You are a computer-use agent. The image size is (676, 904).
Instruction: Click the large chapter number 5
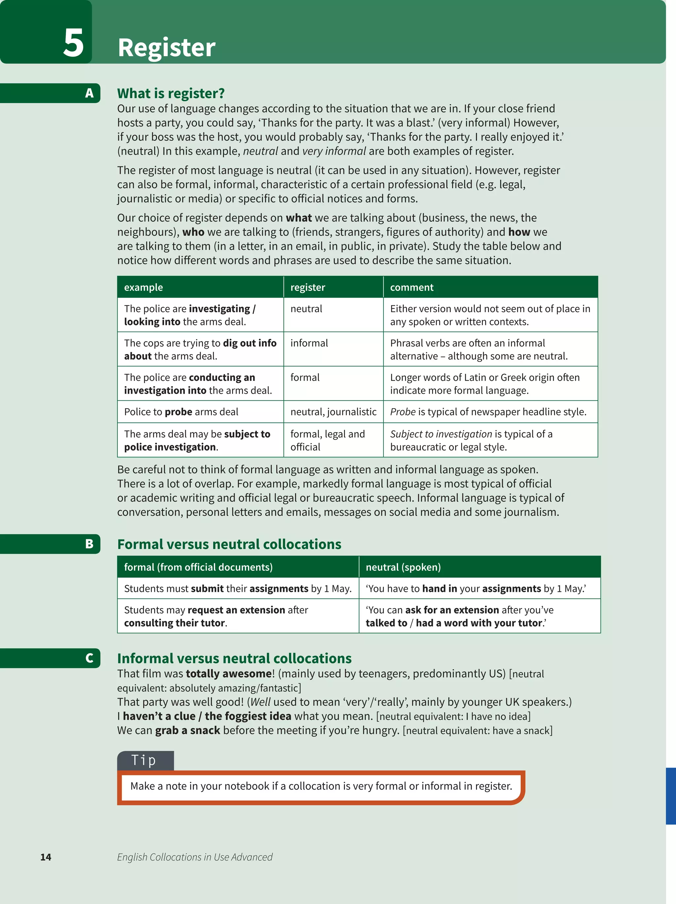tap(74, 43)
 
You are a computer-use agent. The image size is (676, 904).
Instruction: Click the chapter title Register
tap(166, 48)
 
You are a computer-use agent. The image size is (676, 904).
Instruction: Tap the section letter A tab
tap(89, 93)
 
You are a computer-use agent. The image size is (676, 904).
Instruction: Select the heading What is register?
tap(171, 93)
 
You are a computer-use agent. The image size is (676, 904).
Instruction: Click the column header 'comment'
tap(411, 287)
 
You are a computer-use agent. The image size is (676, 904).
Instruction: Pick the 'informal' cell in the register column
tap(309, 343)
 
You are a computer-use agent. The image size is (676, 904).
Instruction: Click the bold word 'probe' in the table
tap(179, 412)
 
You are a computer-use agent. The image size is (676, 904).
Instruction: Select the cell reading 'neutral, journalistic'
tap(333, 412)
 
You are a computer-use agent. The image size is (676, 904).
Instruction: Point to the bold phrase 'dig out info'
tap(250, 343)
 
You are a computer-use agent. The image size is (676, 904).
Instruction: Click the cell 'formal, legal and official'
tap(327, 440)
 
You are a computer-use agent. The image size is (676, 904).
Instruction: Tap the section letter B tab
tap(89, 544)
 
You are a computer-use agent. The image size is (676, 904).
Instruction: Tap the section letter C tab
tap(89, 658)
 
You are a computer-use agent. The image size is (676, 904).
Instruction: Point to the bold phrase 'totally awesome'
tap(229, 673)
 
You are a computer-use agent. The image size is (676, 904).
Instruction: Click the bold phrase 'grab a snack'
tap(187, 730)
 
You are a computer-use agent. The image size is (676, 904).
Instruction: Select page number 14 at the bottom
tap(46, 857)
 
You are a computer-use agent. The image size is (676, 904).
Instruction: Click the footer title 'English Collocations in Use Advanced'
tap(194, 857)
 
